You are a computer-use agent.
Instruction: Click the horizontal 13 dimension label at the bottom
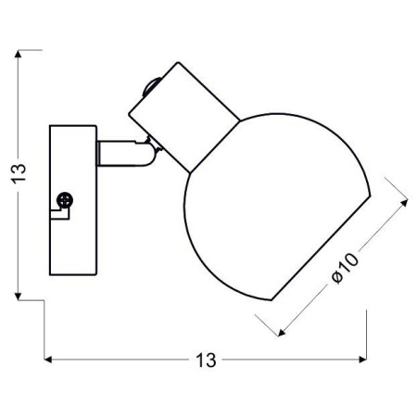(206, 360)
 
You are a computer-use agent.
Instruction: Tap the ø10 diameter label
(346, 269)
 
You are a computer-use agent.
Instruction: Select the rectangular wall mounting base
(72, 199)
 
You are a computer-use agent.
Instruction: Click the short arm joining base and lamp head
(118, 152)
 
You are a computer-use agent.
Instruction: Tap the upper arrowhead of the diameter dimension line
(406, 200)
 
